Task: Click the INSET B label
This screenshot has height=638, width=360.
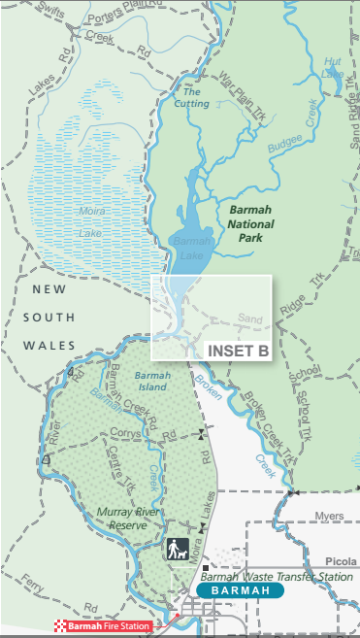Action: click(x=238, y=352)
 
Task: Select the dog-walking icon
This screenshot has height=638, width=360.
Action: click(x=177, y=549)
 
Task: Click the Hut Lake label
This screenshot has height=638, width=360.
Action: click(x=333, y=66)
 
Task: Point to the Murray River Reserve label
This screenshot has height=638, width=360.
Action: click(x=134, y=518)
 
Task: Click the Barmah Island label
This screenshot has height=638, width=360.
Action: click(x=152, y=382)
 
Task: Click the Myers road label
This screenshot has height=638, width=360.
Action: click(x=330, y=516)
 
